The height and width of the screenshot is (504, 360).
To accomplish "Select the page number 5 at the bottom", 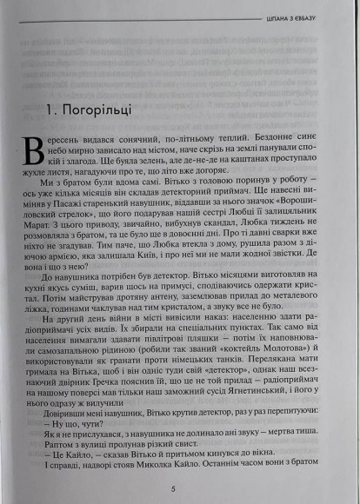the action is click(x=174, y=489).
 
